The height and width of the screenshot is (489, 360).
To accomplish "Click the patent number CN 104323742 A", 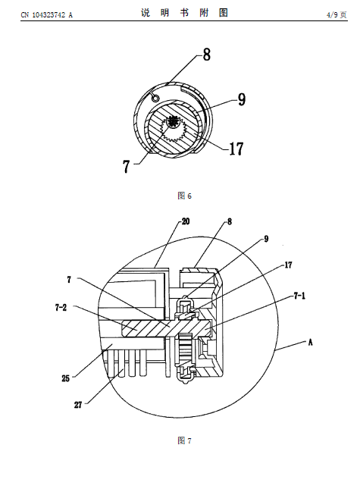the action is coord(46,14).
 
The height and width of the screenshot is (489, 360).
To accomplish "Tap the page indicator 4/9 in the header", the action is coord(332,14).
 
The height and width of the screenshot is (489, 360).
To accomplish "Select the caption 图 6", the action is coord(184,196).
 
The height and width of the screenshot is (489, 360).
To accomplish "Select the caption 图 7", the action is coord(184,440).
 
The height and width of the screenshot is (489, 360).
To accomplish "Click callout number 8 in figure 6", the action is coord(207,55).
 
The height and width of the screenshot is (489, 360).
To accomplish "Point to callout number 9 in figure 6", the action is coord(242,99).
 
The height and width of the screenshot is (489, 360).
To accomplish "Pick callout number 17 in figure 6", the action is coord(236,149).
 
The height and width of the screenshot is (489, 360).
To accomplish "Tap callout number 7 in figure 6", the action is coord(126,166).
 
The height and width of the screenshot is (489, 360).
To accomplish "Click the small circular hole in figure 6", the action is coord(155,99).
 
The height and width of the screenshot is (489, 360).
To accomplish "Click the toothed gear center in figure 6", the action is coord(173,121).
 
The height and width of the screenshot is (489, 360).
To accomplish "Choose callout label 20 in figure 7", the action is coord(186,221).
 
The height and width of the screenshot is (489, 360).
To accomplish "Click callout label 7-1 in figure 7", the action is coord(299,296).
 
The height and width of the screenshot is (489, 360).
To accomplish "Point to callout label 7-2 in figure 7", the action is coord(61,308).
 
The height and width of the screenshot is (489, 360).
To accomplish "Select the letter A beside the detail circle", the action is coord(310,343).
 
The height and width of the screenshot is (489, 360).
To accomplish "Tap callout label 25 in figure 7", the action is coord(65,378).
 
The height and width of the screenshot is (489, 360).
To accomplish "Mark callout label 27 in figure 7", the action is coord(78,405).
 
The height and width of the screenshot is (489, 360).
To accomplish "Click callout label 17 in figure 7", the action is coord(289,265).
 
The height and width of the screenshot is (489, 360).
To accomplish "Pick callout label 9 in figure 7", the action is coord(266,239).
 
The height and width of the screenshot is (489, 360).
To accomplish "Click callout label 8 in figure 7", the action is coord(230,221).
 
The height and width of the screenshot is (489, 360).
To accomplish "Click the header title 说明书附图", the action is coord(184,13).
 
